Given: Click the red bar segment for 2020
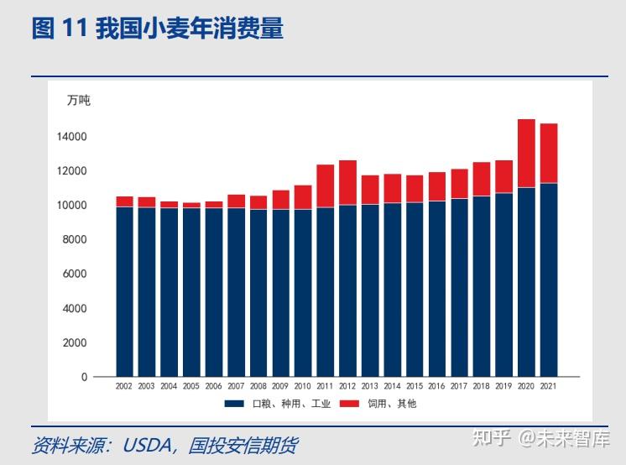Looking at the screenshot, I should point(526,154).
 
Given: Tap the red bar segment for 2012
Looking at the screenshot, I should point(347,182).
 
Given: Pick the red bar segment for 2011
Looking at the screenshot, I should point(325,185).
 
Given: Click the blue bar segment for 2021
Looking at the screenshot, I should point(548,280).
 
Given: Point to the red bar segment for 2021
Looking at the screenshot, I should point(548,153).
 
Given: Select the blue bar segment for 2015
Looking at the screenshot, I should point(415,289).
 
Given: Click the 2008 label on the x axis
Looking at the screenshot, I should point(258,387).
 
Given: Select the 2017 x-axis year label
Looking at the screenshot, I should point(459,387).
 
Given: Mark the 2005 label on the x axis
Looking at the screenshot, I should point(191,387).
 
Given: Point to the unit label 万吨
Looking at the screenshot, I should point(78,101).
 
